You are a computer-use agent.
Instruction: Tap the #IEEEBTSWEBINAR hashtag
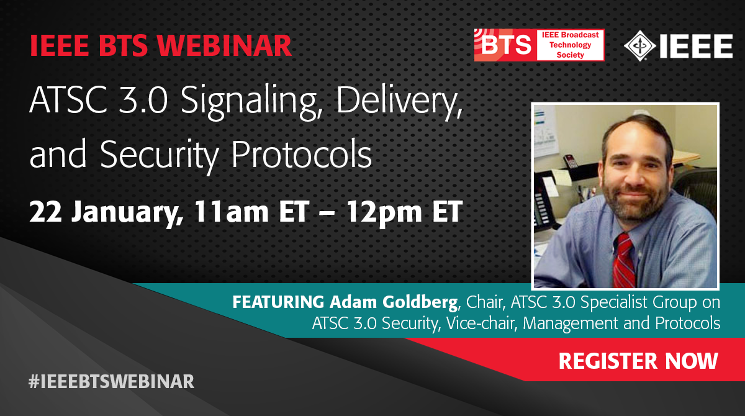pyautogui.click(x=111, y=381)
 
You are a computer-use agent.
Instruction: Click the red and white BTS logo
pyautogui.click(x=539, y=45)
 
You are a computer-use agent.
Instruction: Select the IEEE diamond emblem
pyautogui.click(x=639, y=45)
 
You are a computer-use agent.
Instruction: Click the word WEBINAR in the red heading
pyautogui.click(x=225, y=45)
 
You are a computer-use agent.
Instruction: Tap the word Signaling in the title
pyautogui.click(x=249, y=101)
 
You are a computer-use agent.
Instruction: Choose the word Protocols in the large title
pyautogui.click(x=302, y=155)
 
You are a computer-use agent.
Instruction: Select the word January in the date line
pyautogui.click(x=127, y=213)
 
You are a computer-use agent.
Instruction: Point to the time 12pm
pyautogui.click(x=384, y=213)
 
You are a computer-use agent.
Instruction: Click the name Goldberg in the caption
pyautogui.click(x=420, y=302)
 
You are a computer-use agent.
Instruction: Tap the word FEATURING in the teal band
pyautogui.click(x=278, y=302)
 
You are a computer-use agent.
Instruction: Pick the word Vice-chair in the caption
pyautogui.click(x=481, y=323)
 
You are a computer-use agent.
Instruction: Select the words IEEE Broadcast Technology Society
pyautogui.click(x=571, y=45)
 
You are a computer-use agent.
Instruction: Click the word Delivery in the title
pyautogui.click(x=400, y=101)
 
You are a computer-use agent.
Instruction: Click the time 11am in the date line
pyautogui.click(x=232, y=212)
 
